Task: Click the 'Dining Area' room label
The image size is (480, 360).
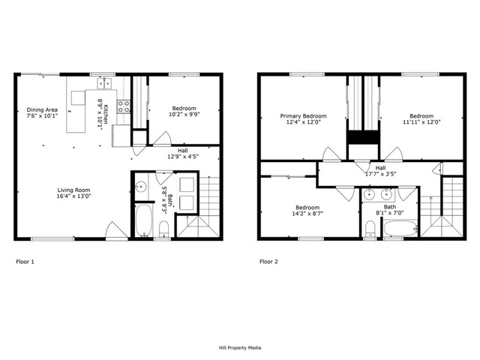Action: (42, 109)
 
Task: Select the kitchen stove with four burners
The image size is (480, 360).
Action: (124, 106)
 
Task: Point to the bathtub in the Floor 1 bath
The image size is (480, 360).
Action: (142, 222)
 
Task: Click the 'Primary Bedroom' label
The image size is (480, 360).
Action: (303, 116)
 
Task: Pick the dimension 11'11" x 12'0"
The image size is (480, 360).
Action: (421, 123)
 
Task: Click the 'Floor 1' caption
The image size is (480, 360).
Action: (25, 262)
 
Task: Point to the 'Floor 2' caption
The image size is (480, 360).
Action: (268, 262)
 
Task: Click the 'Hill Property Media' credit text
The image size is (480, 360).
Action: (240, 348)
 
